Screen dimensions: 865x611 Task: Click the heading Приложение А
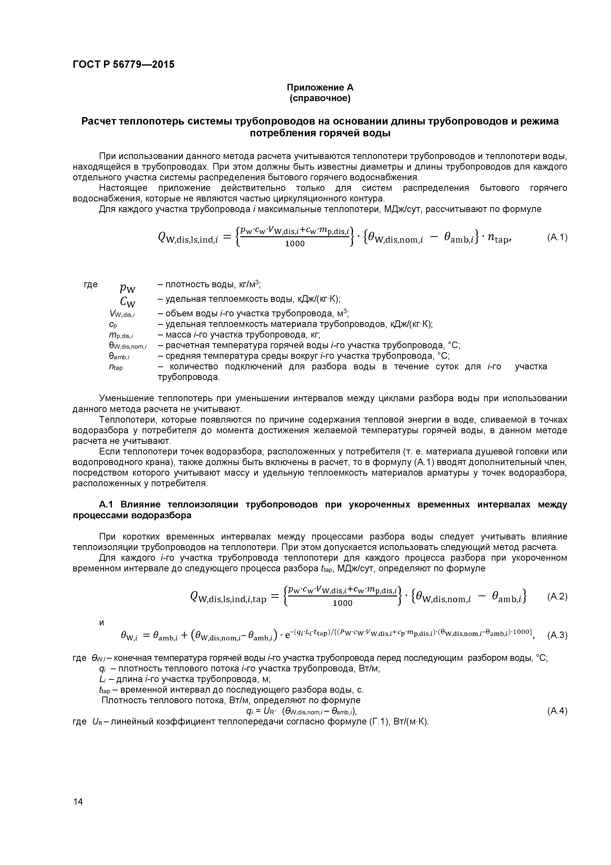click(x=320, y=88)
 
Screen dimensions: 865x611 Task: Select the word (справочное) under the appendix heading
click(x=320, y=98)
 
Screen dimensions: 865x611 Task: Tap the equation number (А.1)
click(x=557, y=237)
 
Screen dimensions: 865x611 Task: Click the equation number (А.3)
click(x=557, y=636)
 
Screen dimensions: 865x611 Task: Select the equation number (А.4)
click(x=557, y=711)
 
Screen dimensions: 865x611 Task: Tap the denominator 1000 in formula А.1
click(x=294, y=244)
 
